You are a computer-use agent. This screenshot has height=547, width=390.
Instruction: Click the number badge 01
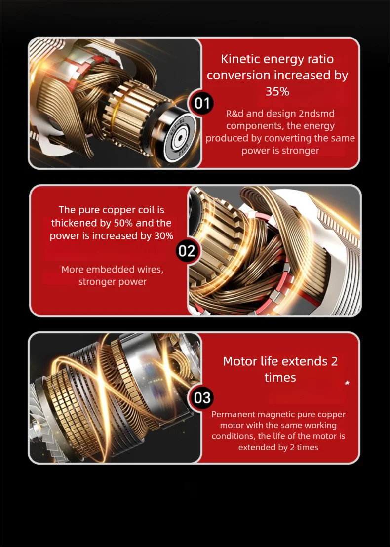pyautogui.click(x=202, y=103)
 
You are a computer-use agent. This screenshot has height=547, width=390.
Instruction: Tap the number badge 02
pyautogui.click(x=187, y=251)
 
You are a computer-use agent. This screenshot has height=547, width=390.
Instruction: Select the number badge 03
pyautogui.click(x=202, y=398)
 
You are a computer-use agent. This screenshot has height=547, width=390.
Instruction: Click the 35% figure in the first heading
pyautogui.click(x=277, y=91)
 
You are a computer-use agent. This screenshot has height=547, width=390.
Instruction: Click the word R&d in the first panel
pyautogui.click(x=235, y=114)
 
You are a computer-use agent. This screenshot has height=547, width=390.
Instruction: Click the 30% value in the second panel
pyautogui.click(x=164, y=236)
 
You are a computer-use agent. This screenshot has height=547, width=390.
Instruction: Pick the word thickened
pyautogui.click(x=73, y=223)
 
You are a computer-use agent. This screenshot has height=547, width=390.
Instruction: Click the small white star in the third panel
pyautogui.click(x=347, y=383)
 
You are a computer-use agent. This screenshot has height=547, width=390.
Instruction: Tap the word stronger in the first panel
pyautogui.click(x=303, y=151)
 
